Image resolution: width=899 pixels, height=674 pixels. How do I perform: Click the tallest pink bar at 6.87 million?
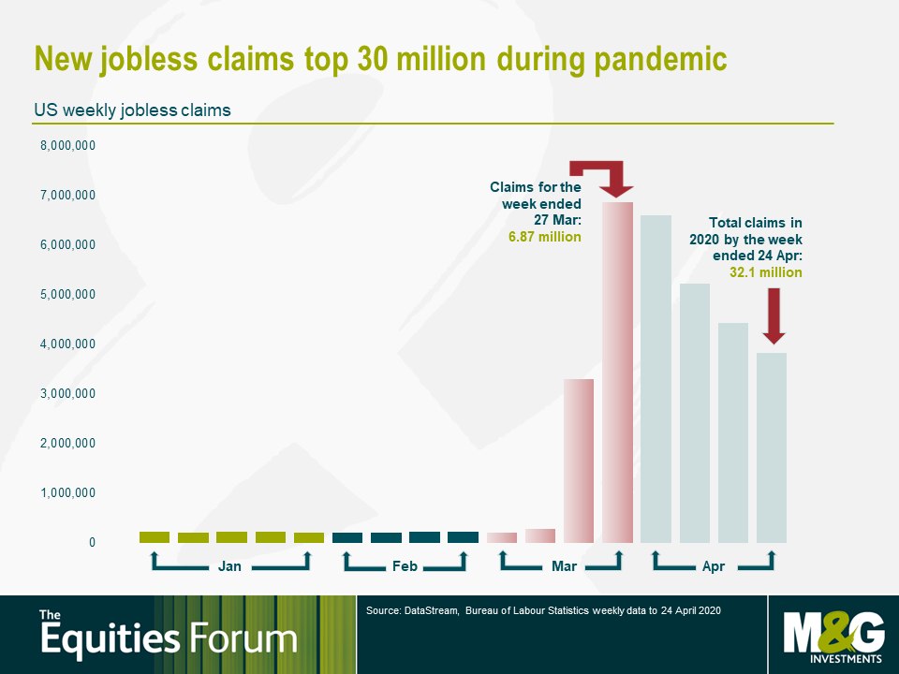coord(617,373)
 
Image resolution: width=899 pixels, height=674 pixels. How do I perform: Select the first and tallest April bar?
coord(656,379)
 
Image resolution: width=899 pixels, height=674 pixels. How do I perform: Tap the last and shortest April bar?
coord(772,447)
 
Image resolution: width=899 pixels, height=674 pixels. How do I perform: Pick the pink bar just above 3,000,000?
coord(579,461)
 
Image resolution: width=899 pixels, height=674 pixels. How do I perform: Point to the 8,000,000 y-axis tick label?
coord(67,146)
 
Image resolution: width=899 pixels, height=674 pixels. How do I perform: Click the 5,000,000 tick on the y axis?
coord(67,295)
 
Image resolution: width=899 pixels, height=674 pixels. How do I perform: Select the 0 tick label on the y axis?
coord(92,542)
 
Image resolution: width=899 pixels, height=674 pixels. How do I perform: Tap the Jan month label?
coord(229,566)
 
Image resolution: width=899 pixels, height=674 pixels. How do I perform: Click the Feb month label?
coord(405,566)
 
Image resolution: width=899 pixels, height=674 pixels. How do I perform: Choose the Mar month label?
coord(564,566)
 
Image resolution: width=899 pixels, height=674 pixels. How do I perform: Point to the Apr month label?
coord(714,566)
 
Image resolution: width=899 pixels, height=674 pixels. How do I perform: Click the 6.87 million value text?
coord(545,237)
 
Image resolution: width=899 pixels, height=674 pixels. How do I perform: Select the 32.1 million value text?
coord(766,272)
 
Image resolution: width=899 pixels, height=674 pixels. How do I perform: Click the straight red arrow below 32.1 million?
coord(774,316)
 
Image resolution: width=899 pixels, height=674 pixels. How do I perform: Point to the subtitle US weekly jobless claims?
coord(132,110)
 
